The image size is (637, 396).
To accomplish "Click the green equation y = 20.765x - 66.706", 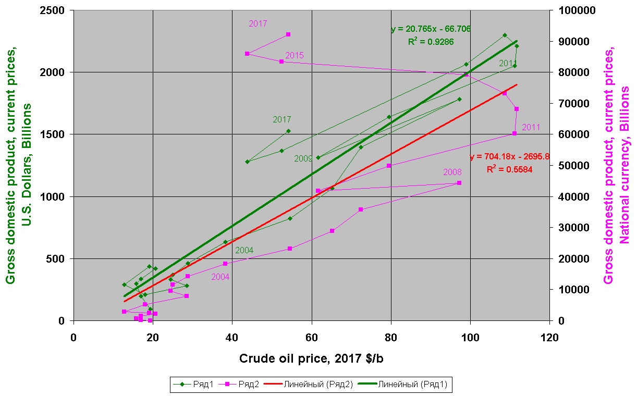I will click(431, 29).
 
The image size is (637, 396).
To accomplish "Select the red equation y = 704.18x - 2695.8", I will click(509, 156).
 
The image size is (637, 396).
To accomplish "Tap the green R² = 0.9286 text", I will click(431, 42).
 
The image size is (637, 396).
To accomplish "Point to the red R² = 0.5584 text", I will click(509, 169).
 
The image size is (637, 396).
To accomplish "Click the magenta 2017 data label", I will click(258, 23).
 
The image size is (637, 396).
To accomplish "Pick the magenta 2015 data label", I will click(295, 55).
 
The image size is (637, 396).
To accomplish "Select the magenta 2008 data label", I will click(452, 172).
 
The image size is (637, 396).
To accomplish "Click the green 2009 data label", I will click(303, 158).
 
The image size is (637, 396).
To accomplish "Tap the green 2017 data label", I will click(282, 119).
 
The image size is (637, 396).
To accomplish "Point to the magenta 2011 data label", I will click(531, 127).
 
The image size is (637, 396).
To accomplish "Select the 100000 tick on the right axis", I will click(573, 10).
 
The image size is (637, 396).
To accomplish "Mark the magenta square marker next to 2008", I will click(459, 183).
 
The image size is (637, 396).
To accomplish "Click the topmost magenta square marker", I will click(288, 34).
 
